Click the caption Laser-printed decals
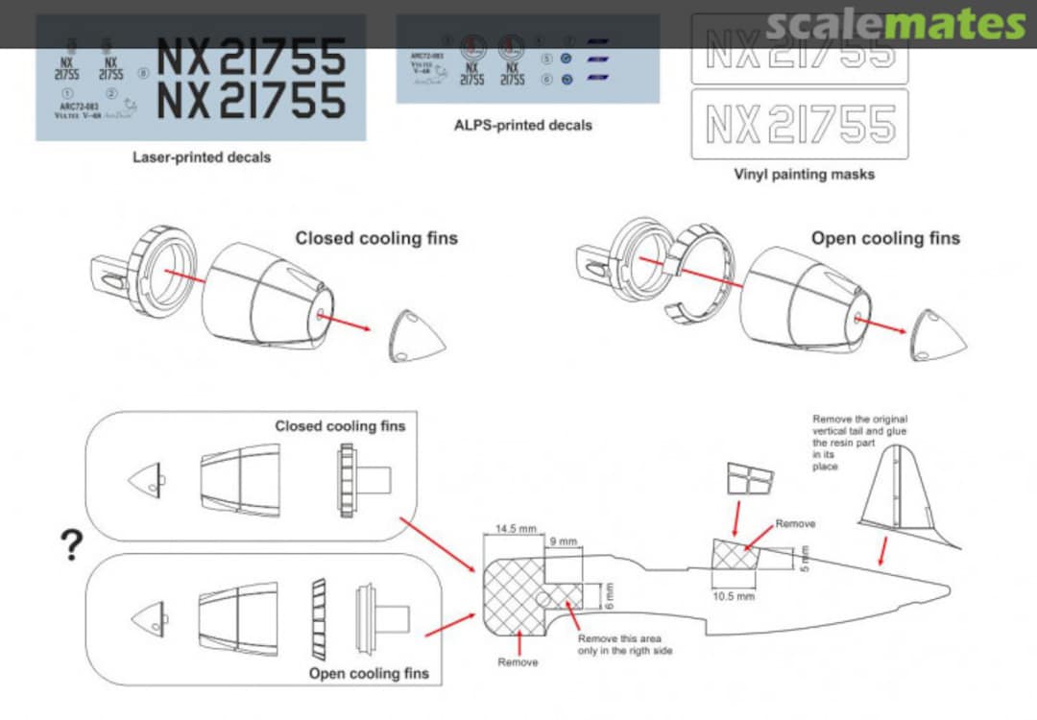201,157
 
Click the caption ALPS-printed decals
523,125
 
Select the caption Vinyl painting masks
804,175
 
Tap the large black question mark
71,545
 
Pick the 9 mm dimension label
564,541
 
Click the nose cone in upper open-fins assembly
938,335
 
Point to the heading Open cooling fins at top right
884,238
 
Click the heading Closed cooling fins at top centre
376,238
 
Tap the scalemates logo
897,23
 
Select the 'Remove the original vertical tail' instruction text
859,443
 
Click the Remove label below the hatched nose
518,662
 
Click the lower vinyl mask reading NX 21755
799,124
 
